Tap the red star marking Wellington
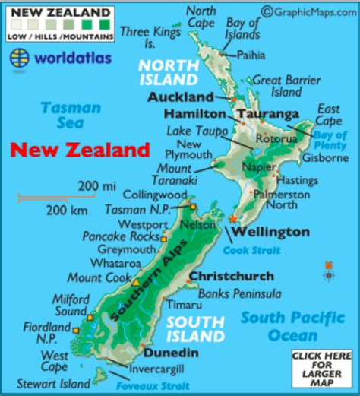click(232, 219)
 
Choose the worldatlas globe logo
click(21, 58)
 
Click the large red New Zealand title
click(80, 150)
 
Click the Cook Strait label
click(251, 250)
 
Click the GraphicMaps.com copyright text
click(309, 10)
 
